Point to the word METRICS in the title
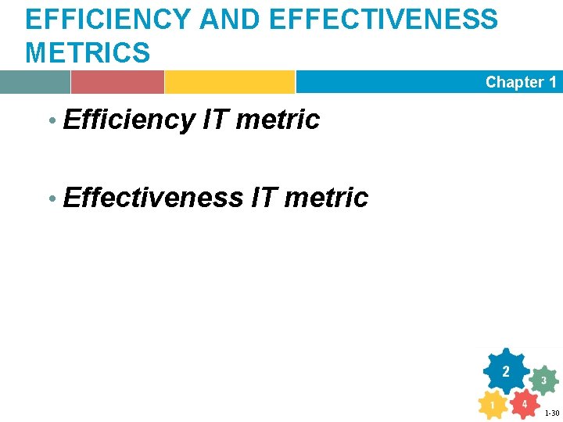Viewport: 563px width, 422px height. pos(88,53)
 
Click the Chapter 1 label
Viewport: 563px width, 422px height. pos(521,82)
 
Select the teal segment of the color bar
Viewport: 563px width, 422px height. pos(35,82)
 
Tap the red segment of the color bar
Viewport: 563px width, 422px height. pos(117,82)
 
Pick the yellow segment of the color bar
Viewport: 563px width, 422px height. pos(229,82)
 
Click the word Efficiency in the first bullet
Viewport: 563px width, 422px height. pos(129,120)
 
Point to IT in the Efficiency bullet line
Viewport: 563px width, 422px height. pos(215,120)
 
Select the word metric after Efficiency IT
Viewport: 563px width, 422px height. pos(278,120)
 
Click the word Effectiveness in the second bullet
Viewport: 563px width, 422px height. pos(153,198)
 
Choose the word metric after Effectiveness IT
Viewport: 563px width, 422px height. pos(326,198)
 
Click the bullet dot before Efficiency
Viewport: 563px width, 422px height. pos(52,121)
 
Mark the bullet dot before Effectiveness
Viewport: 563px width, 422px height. pos(52,199)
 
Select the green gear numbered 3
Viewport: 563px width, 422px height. pos(543,381)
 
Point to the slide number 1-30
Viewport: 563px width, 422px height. pos(551,413)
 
